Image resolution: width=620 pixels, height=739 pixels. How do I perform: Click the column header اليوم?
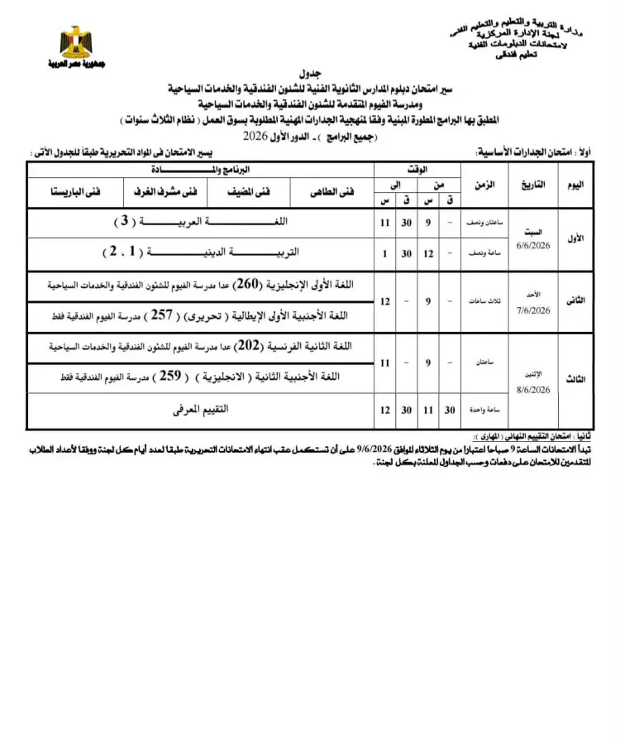[x=579, y=185]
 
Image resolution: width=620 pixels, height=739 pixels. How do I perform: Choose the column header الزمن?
[x=484, y=185]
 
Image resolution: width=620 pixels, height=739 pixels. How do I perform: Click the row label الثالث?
[x=579, y=378]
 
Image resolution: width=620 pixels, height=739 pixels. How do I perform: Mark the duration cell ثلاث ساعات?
[x=484, y=301]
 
